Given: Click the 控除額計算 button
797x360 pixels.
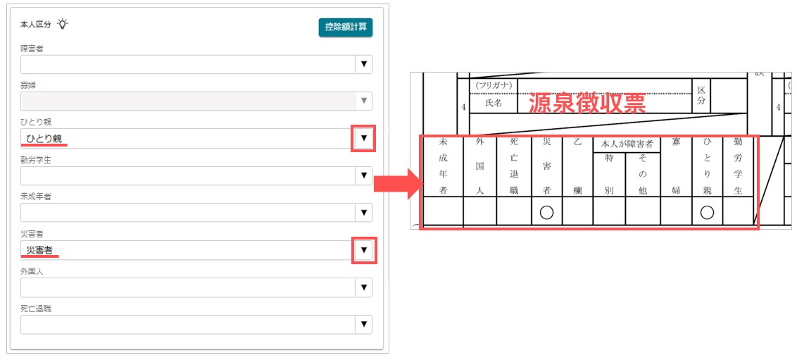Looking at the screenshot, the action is point(346,27).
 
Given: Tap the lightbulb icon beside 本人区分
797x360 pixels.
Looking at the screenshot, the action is point(62,24).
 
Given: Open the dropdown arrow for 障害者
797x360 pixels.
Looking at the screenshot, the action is point(363,65).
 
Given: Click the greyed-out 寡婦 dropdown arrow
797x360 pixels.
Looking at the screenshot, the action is point(363,101).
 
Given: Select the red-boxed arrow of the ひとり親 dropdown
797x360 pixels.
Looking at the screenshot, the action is point(363,138).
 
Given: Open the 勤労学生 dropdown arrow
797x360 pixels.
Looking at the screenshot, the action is point(363,175).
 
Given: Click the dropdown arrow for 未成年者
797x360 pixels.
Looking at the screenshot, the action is point(363,213).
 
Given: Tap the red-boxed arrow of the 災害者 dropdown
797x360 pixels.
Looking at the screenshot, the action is point(364,250).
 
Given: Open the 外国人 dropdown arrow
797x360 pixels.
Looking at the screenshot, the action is point(363,287).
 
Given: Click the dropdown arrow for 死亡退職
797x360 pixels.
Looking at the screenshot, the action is point(363,324).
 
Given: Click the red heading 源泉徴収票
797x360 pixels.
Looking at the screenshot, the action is point(587,104).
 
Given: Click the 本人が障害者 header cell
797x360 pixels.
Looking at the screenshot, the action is point(626,144).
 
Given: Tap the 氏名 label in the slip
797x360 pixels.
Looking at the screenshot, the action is point(494,104).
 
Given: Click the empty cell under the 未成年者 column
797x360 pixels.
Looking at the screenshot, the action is point(443,211).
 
